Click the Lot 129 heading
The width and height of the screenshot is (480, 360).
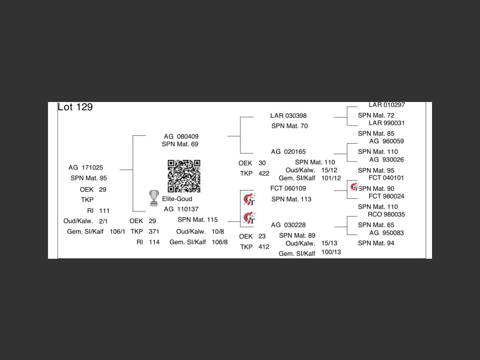click(x=75, y=107)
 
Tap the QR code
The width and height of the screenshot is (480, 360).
click(x=184, y=176)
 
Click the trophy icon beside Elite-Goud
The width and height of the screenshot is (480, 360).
click(x=154, y=198)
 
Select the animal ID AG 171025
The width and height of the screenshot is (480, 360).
click(x=85, y=168)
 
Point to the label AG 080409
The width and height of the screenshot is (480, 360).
click(x=181, y=136)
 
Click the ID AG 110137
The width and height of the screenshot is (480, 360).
click(x=181, y=209)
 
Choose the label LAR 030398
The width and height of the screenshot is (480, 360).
click(x=288, y=116)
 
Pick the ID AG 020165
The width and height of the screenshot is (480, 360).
click(x=288, y=152)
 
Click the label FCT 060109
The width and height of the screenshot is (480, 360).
click(x=288, y=188)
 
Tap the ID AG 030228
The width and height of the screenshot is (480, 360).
click(x=288, y=225)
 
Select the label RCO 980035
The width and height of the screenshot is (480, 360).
click(x=386, y=214)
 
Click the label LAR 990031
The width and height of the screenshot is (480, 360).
click(x=386, y=123)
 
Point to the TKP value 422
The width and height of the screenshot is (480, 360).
click(x=264, y=173)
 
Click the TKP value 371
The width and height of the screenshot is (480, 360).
click(x=154, y=232)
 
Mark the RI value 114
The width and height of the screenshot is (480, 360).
click(x=154, y=242)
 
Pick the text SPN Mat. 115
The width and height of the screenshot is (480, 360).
click(x=198, y=220)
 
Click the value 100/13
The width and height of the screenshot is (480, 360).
click(x=331, y=252)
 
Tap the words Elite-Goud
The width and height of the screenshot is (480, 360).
click(x=177, y=199)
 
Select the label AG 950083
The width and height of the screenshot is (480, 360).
click(x=386, y=233)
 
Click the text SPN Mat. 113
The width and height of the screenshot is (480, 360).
click(x=291, y=199)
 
